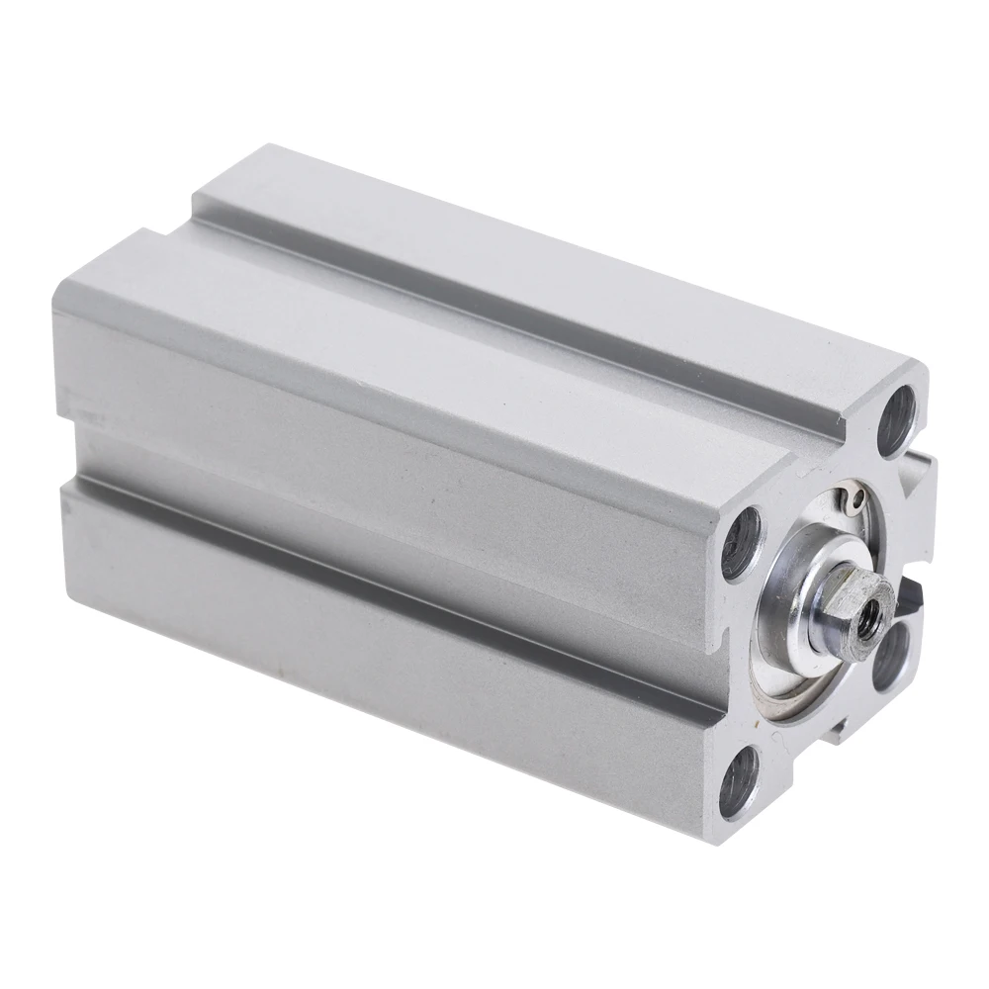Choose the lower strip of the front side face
[396, 593]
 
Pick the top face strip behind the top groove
[554, 237]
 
